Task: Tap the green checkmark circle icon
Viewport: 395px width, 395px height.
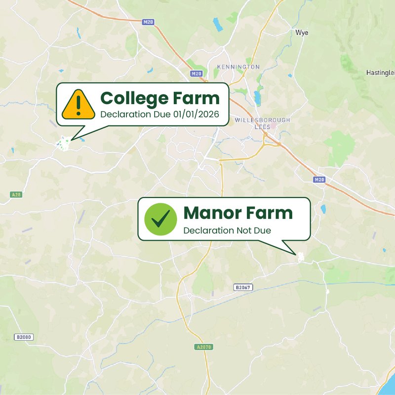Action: (160, 219)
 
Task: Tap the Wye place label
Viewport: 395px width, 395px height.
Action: (301, 33)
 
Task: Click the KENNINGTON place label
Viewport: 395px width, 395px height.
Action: (238, 67)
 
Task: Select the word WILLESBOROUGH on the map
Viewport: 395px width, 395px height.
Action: (262, 120)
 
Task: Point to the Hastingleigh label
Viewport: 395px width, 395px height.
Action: (380, 73)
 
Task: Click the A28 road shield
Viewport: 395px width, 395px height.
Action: (16, 195)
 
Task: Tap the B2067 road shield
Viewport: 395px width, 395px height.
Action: (243, 287)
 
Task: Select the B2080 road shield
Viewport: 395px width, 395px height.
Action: (23, 337)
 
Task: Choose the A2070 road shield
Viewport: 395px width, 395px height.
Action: (203, 347)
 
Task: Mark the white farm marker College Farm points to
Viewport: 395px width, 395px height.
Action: (63, 143)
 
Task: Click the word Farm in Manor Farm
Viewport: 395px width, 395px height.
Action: (271, 213)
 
